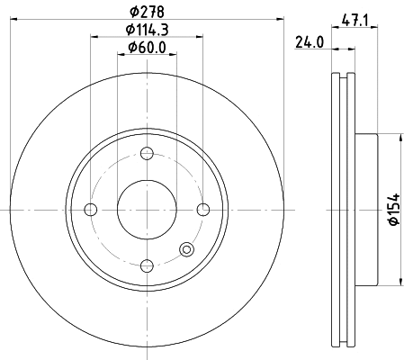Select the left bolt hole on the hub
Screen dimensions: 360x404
(89, 211)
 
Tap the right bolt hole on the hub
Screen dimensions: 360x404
(202, 211)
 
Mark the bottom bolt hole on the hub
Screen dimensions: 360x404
(146, 266)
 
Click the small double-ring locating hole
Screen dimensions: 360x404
(186, 250)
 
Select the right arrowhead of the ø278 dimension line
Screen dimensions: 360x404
(280, 19)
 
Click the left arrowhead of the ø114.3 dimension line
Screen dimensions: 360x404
(94, 37)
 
